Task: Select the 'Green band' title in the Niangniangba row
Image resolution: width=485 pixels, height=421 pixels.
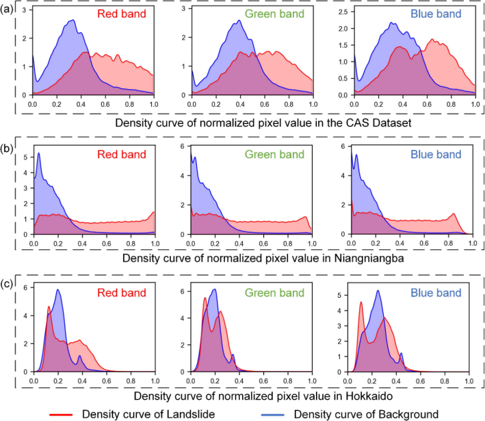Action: pyautogui.click(x=277, y=155)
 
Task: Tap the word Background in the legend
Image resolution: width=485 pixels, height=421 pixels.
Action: pyautogui.click(x=408, y=414)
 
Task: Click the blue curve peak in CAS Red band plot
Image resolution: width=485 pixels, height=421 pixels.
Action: pyautogui.click(x=72, y=21)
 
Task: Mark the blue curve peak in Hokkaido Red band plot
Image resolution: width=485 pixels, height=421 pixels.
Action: pyautogui.click(x=58, y=290)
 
